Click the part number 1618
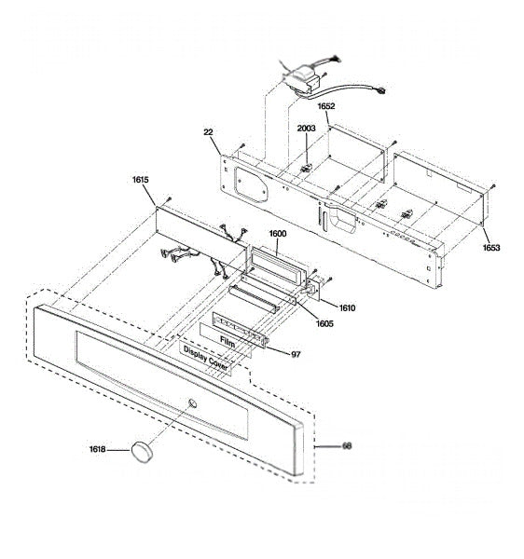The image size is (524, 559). coord(97,449)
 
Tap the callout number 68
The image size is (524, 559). coord(347,446)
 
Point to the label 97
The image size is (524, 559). coord(296,354)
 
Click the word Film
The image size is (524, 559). coord(228,342)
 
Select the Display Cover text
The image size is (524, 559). coord(206,358)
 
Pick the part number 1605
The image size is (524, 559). coord(324,323)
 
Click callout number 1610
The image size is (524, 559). coord(347,308)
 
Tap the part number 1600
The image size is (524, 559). coord(278,234)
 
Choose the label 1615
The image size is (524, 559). coord(141,180)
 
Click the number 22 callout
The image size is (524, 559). coord(208,132)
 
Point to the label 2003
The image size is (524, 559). coord(307,129)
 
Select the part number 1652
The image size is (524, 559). coord(326,106)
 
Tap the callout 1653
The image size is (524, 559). coord(491,248)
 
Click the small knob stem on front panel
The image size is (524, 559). coord(193,403)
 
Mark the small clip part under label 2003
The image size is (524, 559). coord(306,168)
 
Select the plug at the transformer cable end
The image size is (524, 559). coord(381,91)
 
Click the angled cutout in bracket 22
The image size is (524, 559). coord(251,184)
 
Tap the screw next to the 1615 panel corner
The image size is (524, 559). coord(170,198)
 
